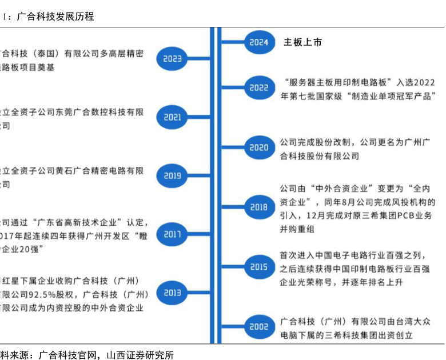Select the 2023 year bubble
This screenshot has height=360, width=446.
point(172,58)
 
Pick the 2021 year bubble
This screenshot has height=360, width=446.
point(172,117)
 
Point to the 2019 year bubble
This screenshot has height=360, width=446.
point(172,176)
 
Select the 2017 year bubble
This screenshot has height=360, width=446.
point(172,234)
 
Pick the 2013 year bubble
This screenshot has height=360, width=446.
point(172,293)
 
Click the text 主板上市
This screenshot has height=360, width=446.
point(303,42)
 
